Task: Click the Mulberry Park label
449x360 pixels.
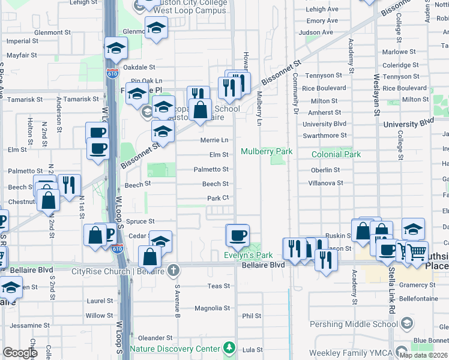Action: (x=267, y=152)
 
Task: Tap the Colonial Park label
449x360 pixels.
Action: (x=336, y=154)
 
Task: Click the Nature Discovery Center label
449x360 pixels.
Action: (x=175, y=349)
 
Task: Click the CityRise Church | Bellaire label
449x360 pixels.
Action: (x=118, y=271)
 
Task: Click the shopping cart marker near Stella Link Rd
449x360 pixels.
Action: (x=417, y=251)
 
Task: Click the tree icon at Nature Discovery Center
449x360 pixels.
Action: (x=228, y=348)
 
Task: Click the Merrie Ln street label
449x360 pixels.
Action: (x=214, y=140)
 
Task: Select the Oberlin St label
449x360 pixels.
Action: (x=326, y=170)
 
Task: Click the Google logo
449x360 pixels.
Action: (x=20, y=353)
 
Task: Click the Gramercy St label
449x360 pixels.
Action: (x=416, y=285)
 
